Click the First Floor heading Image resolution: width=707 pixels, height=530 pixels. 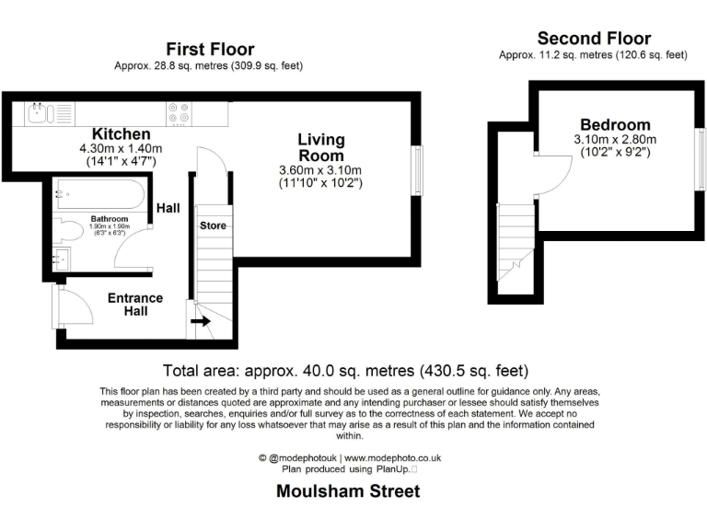coord(210,49)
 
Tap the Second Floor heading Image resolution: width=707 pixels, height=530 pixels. coord(594,39)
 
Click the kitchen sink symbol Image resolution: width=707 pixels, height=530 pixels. coord(40,113)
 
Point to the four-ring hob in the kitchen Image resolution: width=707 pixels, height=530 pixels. coord(178,113)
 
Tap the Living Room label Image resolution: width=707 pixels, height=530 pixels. coord(320,147)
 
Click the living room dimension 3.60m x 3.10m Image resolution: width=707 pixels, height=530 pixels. coord(320,170)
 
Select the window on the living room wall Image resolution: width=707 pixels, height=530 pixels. coord(418,170)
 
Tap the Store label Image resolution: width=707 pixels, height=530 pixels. coord(213,225)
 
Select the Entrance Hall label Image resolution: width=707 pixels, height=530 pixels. coord(135,305)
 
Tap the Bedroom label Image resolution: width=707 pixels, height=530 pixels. coord(614,125)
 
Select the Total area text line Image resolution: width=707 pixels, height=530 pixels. coord(345,372)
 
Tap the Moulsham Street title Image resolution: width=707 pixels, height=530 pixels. coord(347,491)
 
